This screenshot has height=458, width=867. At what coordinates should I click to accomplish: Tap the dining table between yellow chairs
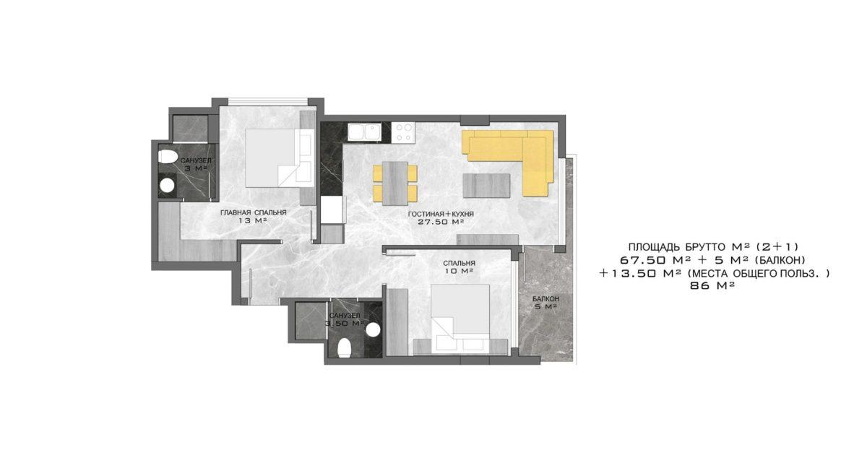(394, 183)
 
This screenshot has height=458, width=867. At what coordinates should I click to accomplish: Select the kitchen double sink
(364, 132)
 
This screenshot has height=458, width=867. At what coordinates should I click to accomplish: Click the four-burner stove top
(403, 132)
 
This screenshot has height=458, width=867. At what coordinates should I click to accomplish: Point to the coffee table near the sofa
(486, 186)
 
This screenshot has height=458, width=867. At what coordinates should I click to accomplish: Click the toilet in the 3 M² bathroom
(168, 157)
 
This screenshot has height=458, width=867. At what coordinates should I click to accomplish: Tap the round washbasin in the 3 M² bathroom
(167, 186)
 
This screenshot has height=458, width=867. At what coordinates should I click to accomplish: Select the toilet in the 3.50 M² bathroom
(344, 348)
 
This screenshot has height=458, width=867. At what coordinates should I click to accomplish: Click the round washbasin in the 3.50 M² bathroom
(373, 330)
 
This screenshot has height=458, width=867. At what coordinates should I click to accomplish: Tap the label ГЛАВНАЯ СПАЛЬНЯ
(254, 212)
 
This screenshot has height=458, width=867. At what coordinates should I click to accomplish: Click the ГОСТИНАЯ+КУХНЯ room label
(441, 214)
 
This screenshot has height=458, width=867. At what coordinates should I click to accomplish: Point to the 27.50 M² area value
(441, 222)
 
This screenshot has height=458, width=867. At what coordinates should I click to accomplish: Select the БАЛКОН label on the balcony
(545, 299)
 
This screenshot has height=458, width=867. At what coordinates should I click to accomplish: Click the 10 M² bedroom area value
(460, 271)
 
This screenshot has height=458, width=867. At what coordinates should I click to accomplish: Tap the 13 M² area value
(254, 220)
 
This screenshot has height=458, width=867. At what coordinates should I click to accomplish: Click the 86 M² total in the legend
(712, 286)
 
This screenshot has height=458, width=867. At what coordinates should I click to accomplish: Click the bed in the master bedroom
(280, 158)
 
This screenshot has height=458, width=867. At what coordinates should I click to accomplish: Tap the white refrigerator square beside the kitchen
(332, 209)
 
